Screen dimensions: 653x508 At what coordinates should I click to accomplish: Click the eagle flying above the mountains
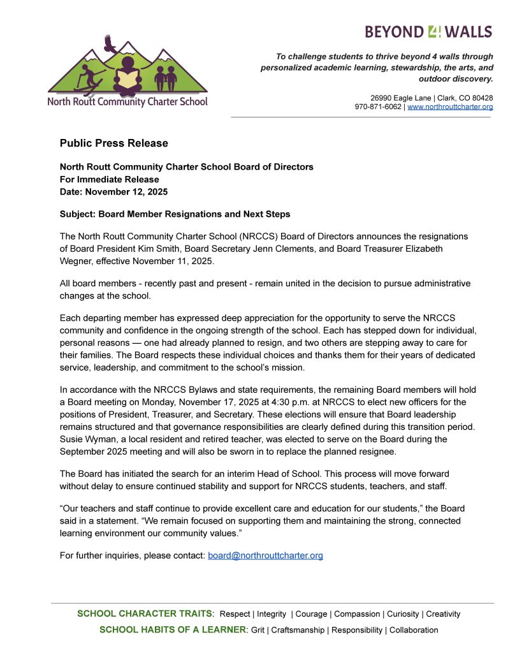[110, 44]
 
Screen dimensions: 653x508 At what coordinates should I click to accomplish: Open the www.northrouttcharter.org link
[450, 107]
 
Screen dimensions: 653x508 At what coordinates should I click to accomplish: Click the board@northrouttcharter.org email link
[265, 555]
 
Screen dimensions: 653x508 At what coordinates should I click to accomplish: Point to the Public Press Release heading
[114, 143]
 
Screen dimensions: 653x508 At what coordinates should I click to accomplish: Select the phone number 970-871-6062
[378, 107]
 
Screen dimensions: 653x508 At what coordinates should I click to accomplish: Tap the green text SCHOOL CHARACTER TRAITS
[144, 614]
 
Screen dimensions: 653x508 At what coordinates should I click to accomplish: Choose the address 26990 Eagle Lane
[401, 98]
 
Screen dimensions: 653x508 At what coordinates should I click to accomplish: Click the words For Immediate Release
[109, 179]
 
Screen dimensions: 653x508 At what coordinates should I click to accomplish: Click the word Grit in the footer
[257, 630]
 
